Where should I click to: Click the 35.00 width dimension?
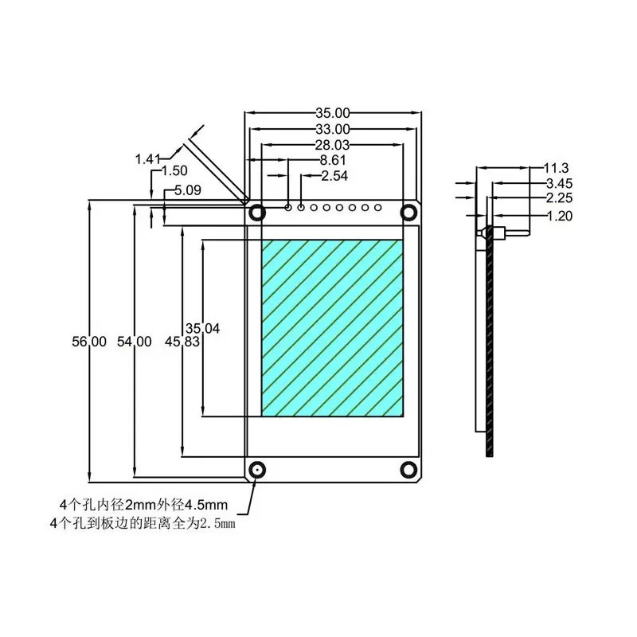[x=333, y=113]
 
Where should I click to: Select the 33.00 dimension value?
[x=333, y=129]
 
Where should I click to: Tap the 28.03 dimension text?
[x=333, y=145]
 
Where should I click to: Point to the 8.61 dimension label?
[x=332, y=160]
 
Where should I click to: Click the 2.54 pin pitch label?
[x=334, y=176]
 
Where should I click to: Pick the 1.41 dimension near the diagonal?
[x=149, y=159]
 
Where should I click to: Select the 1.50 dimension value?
[x=174, y=171]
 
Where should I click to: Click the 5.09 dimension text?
[x=187, y=190]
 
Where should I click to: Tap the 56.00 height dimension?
[x=89, y=342]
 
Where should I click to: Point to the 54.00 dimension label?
[x=134, y=342]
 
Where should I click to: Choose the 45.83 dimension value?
[x=182, y=342]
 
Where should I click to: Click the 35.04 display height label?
[x=202, y=327]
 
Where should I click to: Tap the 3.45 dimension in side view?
[x=559, y=184]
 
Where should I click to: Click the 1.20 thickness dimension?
[x=559, y=216]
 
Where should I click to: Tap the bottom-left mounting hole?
[x=256, y=470]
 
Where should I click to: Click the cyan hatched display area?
[x=332, y=327]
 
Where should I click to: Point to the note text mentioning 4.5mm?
[x=144, y=505]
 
